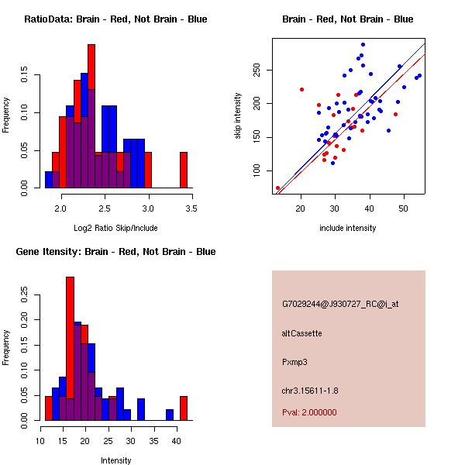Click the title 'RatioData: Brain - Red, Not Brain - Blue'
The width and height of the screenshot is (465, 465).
(115, 19)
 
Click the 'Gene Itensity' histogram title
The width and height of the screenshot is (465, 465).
(115, 252)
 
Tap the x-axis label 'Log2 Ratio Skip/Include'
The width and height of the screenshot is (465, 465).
(115, 228)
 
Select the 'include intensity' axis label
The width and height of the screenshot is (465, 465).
(348, 228)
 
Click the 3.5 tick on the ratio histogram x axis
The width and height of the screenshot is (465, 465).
(191, 208)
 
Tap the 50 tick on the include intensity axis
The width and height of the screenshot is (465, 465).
(404, 208)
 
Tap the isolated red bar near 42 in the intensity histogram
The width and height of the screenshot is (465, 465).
(184, 408)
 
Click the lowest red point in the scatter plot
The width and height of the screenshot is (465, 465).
(277, 188)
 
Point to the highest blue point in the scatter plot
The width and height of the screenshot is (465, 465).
(363, 45)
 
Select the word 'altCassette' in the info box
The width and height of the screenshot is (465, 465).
(301, 333)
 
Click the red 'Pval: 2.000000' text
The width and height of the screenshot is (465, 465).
(309, 412)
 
